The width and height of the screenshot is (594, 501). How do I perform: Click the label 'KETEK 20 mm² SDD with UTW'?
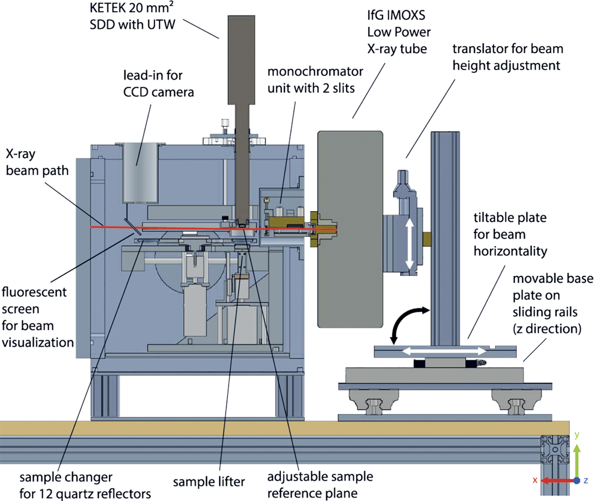point(132,17)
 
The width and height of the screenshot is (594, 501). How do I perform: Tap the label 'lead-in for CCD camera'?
point(158,84)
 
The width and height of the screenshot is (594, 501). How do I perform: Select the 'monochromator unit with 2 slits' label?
point(315,80)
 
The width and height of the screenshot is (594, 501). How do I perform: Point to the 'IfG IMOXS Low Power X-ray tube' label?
point(398,32)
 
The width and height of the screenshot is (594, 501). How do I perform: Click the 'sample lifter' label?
point(209,482)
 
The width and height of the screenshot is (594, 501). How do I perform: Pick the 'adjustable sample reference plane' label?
point(320,485)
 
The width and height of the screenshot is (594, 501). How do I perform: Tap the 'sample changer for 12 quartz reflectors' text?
point(85,485)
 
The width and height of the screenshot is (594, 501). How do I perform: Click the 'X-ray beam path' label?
point(37,162)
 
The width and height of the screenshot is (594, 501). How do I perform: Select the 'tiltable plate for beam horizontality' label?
point(510,234)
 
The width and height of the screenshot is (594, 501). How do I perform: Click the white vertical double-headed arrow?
point(409,244)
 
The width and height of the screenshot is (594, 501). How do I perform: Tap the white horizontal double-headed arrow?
point(444,351)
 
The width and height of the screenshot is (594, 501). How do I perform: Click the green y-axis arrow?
point(577,461)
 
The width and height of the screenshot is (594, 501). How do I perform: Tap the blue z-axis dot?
point(577,481)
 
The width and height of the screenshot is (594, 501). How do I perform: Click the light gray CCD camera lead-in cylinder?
point(140,174)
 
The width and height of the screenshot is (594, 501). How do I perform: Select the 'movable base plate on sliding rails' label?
point(552,304)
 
